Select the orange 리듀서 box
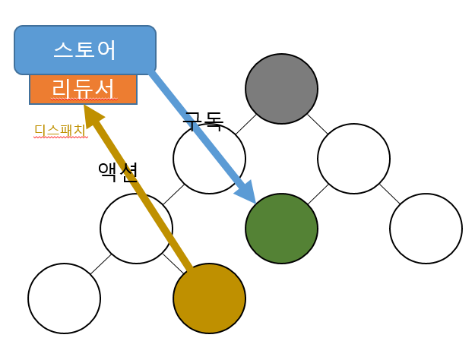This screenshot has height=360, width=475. (84, 89)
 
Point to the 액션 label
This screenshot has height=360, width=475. (117, 172)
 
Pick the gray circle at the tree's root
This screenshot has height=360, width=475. (281, 89)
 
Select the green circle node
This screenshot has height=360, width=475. (281, 229)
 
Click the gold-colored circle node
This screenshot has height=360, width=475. (209, 298)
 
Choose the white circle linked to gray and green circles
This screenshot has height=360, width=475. (353, 159)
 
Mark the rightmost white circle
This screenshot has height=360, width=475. (426, 229)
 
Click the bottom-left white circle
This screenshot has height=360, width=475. (64, 298)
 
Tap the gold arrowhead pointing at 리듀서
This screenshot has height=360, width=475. (92, 116)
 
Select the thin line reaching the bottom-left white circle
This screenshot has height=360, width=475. (100, 264)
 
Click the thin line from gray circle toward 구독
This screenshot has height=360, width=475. (245, 125)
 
